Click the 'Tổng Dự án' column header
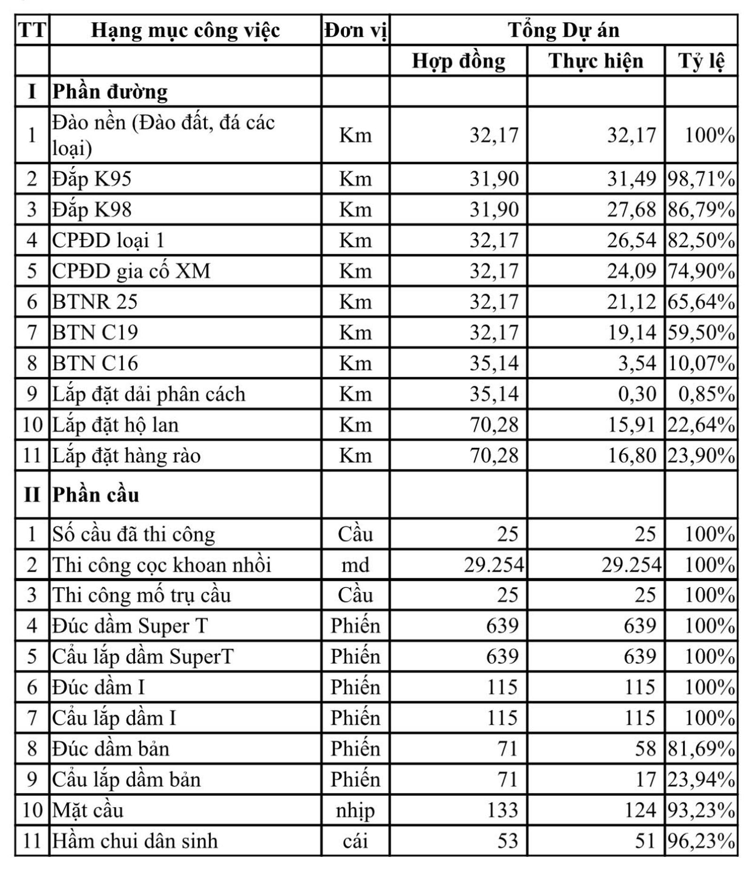pyautogui.click(x=564, y=30)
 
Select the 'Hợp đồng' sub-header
pyautogui.click(x=458, y=61)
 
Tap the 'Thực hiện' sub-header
pyautogui.click(x=595, y=61)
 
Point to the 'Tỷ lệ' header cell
pyautogui.click(x=701, y=61)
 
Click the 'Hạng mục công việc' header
pyautogui.click(x=185, y=30)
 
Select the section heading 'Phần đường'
pyautogui.click(x=110, y=92)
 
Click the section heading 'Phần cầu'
pyautogui.click(x=96, y=495)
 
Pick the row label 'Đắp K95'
pyautogui.click(x=92, y=179)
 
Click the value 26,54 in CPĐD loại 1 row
pyautogui.click(x=631, y=240)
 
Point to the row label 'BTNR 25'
pyautogui.click(x=94, y=302)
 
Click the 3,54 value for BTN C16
pyautogui.click(x=637, y=364)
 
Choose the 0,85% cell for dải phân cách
pyautogui.click(x=706, y=394)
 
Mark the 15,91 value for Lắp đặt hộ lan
pyautogui.click(x=631, y=425)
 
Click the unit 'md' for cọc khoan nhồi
pyautogui.click(x=355, y=565)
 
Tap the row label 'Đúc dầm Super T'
pyautogui.click(x=130, y=626)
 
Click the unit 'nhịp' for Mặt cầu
pyautogui.click(x=355, y=810)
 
